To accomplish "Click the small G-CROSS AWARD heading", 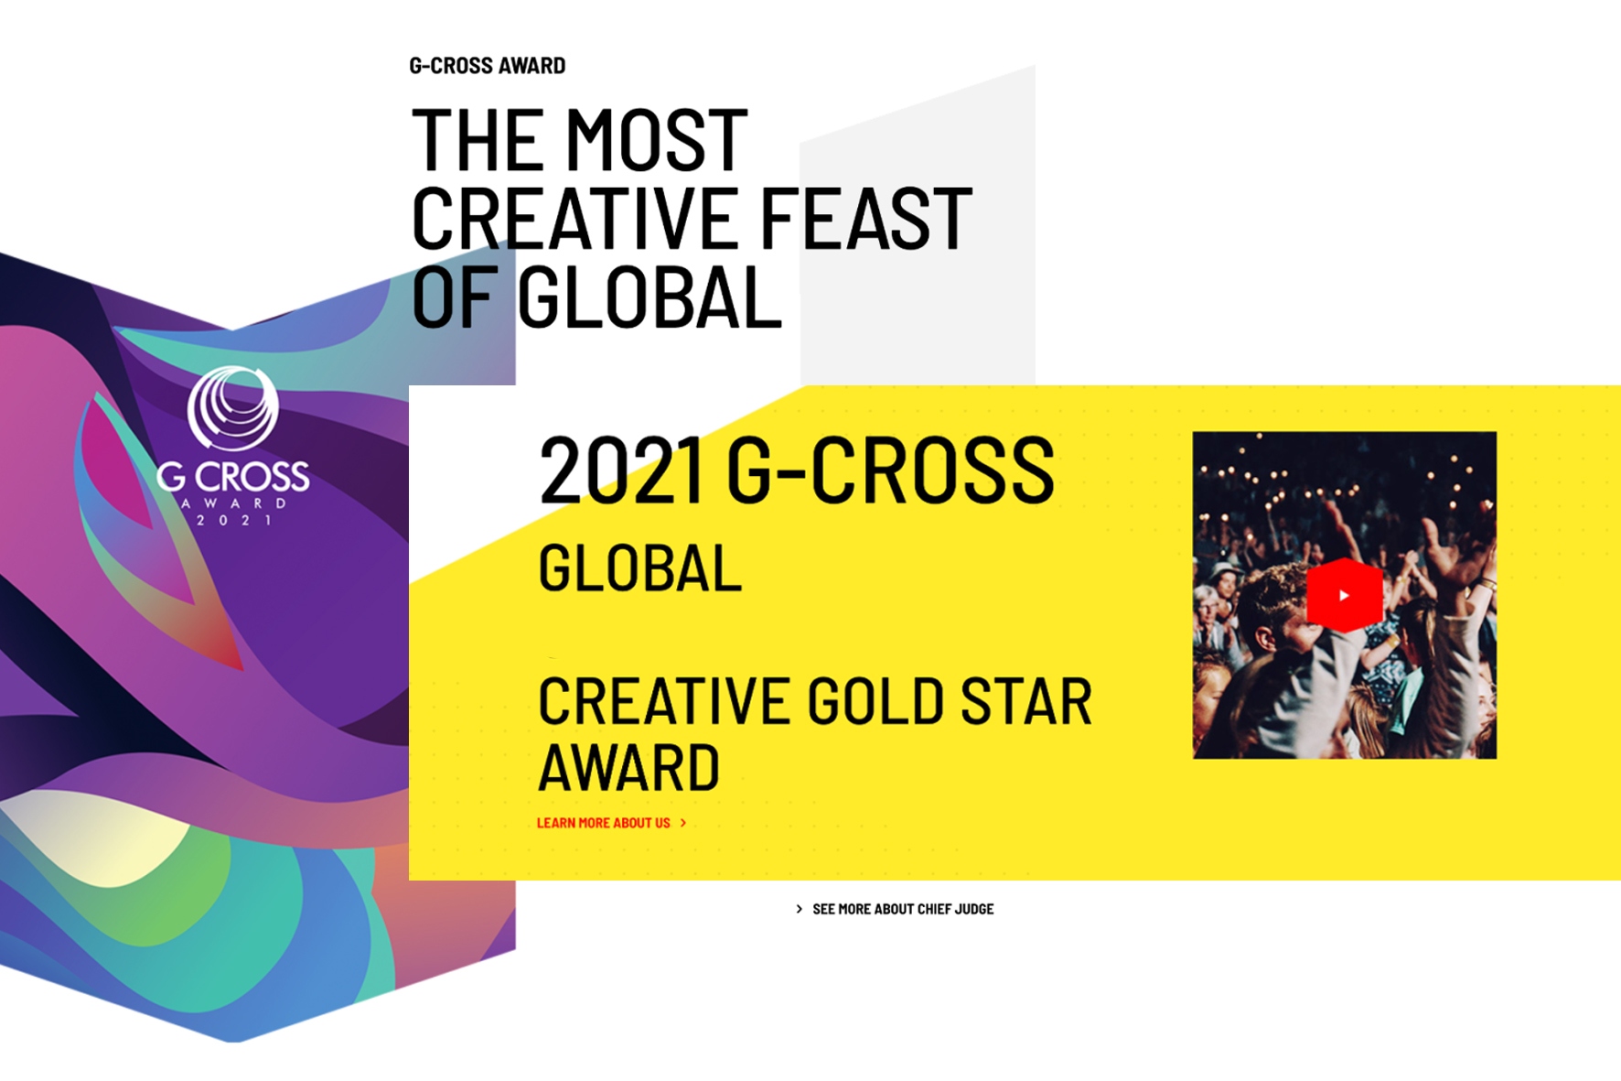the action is [x=488, y=66].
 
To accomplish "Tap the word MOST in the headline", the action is [x=657, y=140].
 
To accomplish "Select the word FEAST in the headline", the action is [x=865, y=218].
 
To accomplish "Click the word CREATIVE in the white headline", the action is [x=578, y=218].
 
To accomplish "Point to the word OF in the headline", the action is [x=455, y=297].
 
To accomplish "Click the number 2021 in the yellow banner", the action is [x=621, y=470].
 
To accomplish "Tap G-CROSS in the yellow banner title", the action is [x=890, y=470].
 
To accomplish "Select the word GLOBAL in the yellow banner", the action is [x=639, y=568].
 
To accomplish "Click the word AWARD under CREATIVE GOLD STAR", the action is [x=629, y=767].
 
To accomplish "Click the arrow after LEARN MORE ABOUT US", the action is [x=682, y=823].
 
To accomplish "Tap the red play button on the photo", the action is [x=1344, y=595].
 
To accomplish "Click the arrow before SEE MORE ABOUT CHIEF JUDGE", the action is [x=800, y=909].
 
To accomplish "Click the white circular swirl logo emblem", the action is [x=232, y=408].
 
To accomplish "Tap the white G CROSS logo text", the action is [x=232, y=476].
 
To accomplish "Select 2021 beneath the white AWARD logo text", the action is [x=234, y=520].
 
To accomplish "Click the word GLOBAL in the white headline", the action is [x=650, y=297].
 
